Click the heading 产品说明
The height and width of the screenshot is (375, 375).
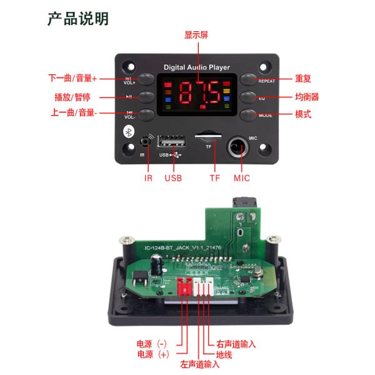[78, 19]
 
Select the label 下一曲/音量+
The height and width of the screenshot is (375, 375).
[72, 79]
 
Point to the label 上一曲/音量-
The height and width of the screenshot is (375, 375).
[73, 114]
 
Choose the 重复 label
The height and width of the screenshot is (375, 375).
[303, 79]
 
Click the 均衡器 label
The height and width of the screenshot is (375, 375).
[307, 97]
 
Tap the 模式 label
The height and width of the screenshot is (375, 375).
[303, 114]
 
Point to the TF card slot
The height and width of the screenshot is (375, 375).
[208, 134]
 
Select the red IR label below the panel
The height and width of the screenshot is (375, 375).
[148, 178]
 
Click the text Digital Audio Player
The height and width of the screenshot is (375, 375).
[196, 67]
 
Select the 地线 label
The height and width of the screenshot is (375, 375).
[224, 354]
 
